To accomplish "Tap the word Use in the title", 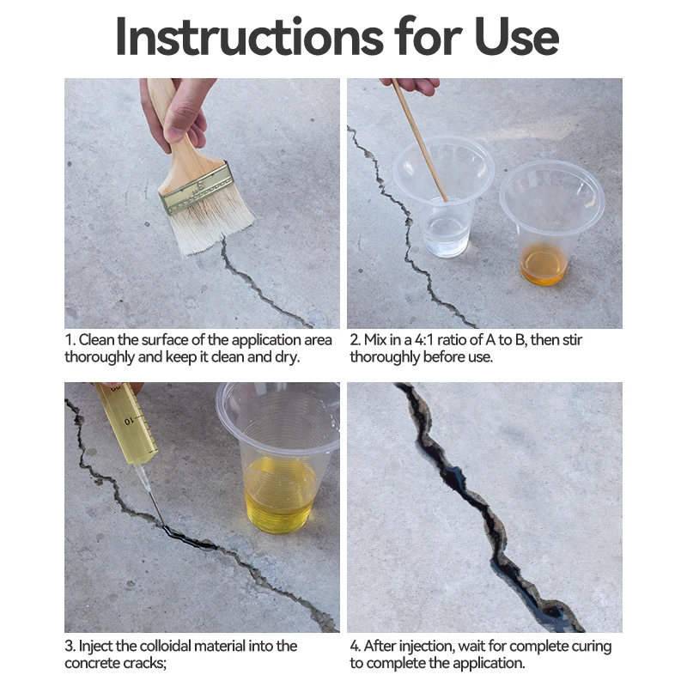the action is coord(516,37).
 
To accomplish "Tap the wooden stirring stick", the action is coord(419,139).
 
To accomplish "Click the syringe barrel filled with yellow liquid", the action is coord(127,423).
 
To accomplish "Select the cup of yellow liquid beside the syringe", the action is coord(281,458).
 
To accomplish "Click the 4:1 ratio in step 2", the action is coord(424,340).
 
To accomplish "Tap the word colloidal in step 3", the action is coord(219,646).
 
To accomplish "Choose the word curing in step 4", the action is coord(593,647).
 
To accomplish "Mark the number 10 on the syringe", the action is coord(128,422).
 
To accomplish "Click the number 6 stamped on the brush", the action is coord(200,185).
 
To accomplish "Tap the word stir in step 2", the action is coord(571,340).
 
